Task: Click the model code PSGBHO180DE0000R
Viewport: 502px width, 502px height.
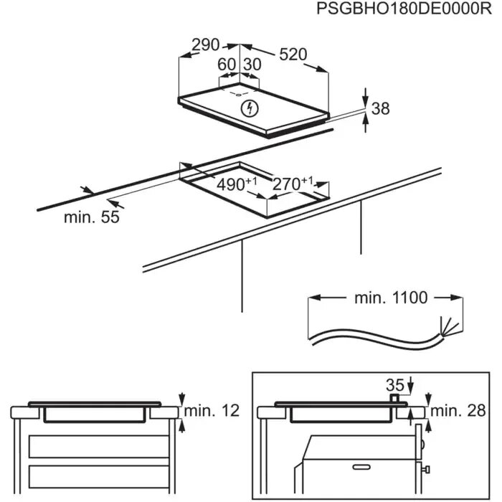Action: (396, 9)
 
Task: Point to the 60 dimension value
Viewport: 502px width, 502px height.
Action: (227, 64)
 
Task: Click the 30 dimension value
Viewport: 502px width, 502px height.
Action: (252, 64)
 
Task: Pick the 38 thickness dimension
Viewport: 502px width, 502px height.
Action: (381, 109)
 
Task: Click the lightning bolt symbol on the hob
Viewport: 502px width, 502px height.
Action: (250, 109)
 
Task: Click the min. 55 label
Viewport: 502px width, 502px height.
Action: (91, 218)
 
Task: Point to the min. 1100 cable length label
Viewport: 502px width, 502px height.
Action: (380, 297)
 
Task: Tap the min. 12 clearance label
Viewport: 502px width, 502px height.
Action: (211, 411)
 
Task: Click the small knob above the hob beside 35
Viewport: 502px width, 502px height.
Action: (394, 397)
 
